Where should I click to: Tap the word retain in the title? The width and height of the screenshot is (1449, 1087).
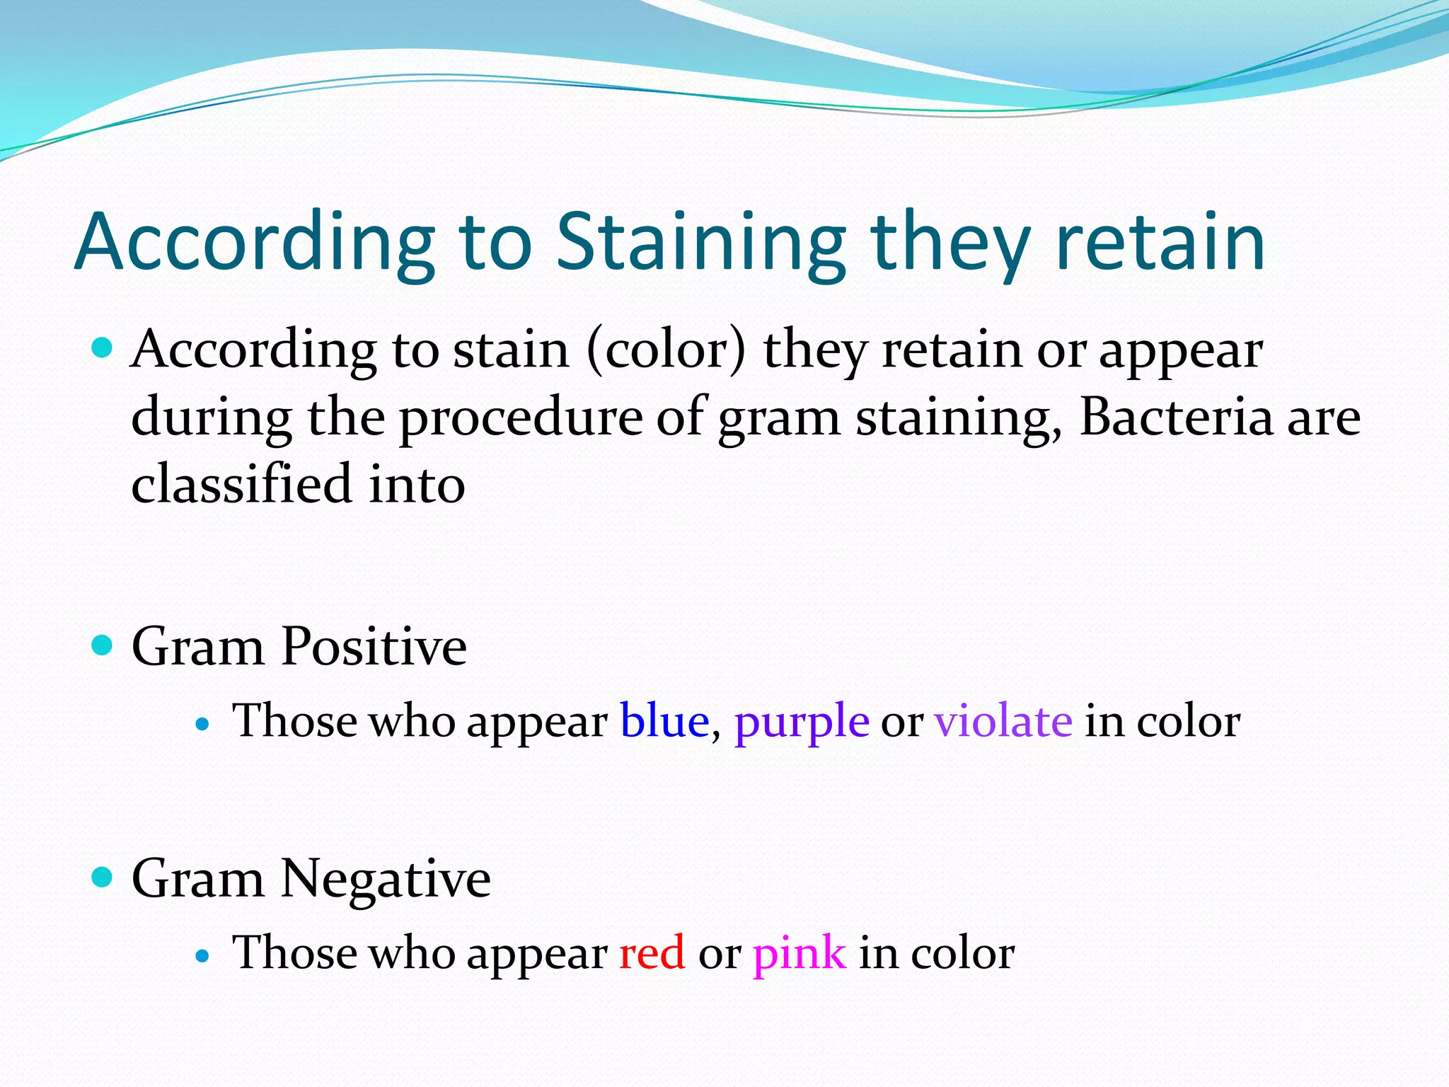coord(1160,243)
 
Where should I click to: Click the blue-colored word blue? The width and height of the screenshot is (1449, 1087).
coord(664,721)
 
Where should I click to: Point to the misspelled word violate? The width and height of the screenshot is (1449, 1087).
coord(1003,721)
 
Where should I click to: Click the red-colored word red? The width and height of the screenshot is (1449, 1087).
coord(652,953)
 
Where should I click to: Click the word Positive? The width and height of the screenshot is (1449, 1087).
coord(374,647)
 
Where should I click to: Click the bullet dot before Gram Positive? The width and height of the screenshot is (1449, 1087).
coord(103,645)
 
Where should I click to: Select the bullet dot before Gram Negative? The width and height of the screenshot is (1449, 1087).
coord(103,878)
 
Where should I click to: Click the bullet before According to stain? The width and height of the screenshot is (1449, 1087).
coord(103,348)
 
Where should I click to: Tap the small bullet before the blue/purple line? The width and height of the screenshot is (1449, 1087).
coord(203,724)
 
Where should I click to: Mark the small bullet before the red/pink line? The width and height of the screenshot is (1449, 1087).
coord(203,956)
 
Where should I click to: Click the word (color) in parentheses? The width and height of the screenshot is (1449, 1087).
coord(666,350)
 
